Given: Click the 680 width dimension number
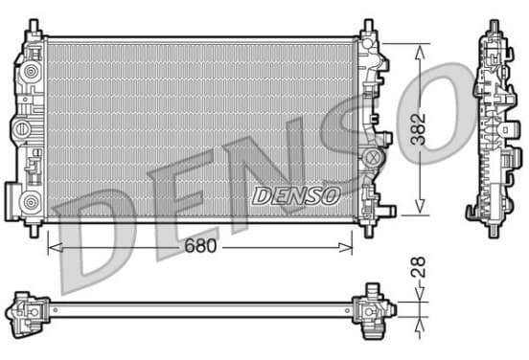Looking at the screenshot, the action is [x=200, y=246].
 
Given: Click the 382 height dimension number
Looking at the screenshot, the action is [x=420, y=129].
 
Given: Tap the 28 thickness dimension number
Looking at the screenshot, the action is [x=420, y=267].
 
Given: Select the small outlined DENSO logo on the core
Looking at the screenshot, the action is [x=296, y=196].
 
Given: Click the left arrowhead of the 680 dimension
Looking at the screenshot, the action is [x=55, y=247].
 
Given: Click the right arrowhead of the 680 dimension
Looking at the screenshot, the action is [x=345, y=247].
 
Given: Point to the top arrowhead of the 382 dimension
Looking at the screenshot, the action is [x=420, y=52].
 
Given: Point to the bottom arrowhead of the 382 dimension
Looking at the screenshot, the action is [x=420, y=206].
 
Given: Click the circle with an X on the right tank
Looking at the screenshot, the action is [x=373, y=156].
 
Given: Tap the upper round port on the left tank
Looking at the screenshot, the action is [x=31, y=72].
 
